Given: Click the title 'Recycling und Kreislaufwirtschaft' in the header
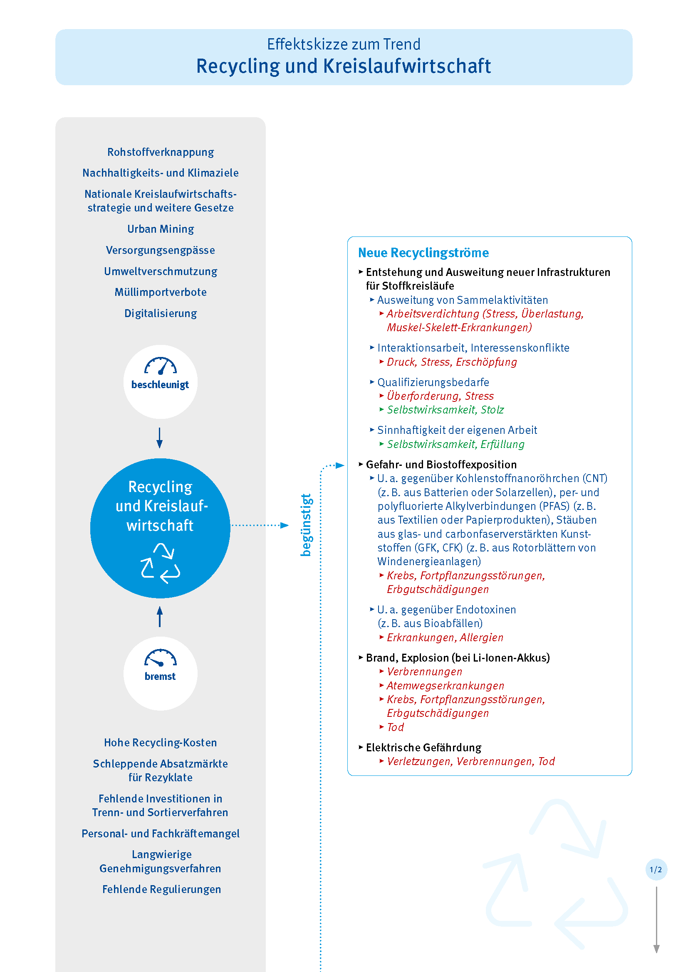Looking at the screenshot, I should point(343,66).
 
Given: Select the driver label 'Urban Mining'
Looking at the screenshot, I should point(161,229).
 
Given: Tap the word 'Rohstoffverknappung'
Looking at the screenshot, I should point(161,152).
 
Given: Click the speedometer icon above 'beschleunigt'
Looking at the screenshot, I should point(161,366).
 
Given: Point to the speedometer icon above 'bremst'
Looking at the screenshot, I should point(161,658).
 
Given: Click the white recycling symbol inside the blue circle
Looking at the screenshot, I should point(161,563).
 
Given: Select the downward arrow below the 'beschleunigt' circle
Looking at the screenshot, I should point(160,438).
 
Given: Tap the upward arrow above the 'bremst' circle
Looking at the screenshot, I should point(160,616).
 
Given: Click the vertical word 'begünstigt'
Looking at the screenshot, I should point(306,525).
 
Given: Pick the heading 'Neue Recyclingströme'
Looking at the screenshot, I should point(423,253).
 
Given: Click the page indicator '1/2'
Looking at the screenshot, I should point(656,869).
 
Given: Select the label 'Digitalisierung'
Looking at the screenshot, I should point(161,313).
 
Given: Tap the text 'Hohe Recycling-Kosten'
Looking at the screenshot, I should point(161,743).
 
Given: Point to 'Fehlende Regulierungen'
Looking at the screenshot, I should point(161,889).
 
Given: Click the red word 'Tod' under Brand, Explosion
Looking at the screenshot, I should point(395,727).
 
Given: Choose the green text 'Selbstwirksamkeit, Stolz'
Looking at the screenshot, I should point(445,410).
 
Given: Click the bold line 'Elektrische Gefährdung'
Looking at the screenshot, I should point(423,748).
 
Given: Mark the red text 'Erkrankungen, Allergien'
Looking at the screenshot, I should point(445,637).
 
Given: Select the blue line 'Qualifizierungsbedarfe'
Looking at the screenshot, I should point(433,382).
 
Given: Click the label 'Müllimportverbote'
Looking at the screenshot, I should point(161,292).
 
